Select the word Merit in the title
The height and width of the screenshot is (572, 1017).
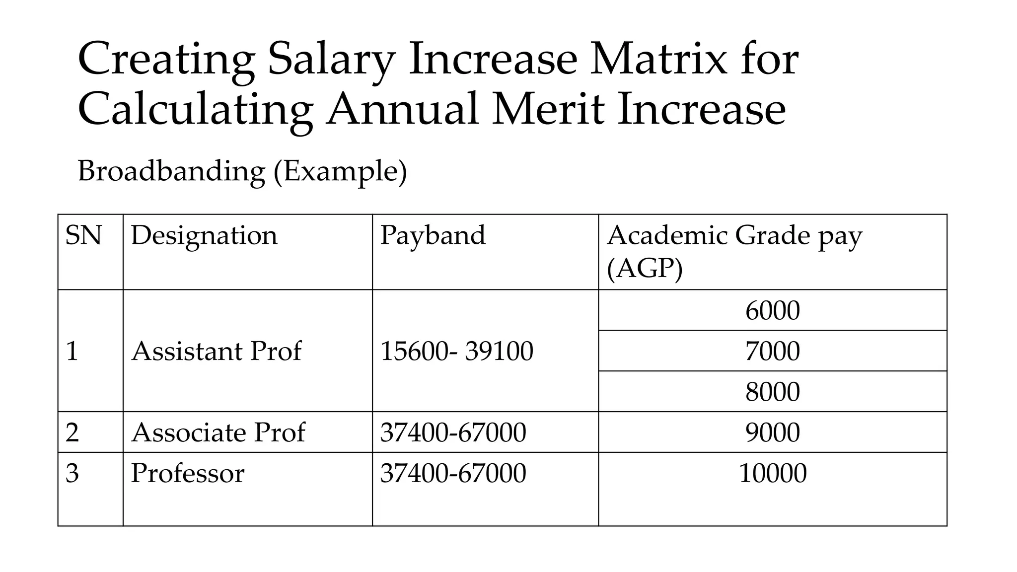(548, 109)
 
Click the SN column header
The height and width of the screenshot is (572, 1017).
(83, 235)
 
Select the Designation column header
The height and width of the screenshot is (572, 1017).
(204, 235)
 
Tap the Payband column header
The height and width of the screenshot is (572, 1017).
(433, 235)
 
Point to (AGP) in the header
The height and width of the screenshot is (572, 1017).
(645, 269)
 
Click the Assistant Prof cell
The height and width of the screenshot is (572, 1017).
(217, 351)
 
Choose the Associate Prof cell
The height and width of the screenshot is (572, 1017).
(218, 432)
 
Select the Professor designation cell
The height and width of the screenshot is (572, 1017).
(188, 473)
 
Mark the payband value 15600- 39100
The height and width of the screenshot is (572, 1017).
(456, 351)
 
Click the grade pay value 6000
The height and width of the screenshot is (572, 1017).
(772, 311)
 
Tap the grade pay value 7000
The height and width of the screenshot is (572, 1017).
(772, 351)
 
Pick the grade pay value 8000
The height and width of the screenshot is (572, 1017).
(772, 392)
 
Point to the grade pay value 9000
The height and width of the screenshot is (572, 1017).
(772, 432)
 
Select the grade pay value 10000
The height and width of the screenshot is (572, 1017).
(772, 473)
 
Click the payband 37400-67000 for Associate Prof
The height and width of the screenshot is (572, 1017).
(453, 432)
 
